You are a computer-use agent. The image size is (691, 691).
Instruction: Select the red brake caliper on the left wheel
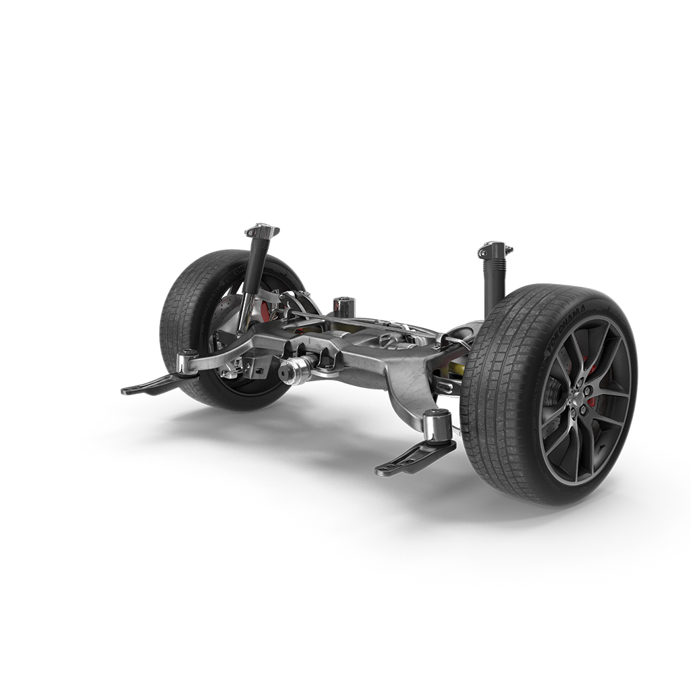(265, 311)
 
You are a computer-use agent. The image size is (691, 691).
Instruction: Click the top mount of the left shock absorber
(262, 232)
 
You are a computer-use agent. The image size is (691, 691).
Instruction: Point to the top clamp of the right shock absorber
(495, 250)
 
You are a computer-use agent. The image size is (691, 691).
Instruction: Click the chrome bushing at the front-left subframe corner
(187, 362)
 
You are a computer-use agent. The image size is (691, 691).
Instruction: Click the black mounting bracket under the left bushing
(152, 386)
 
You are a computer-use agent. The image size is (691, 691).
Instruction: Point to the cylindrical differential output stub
(296, 370)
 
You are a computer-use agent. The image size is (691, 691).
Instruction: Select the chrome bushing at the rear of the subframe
(345, 304)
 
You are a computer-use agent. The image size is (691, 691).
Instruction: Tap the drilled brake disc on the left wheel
(223, 317)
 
